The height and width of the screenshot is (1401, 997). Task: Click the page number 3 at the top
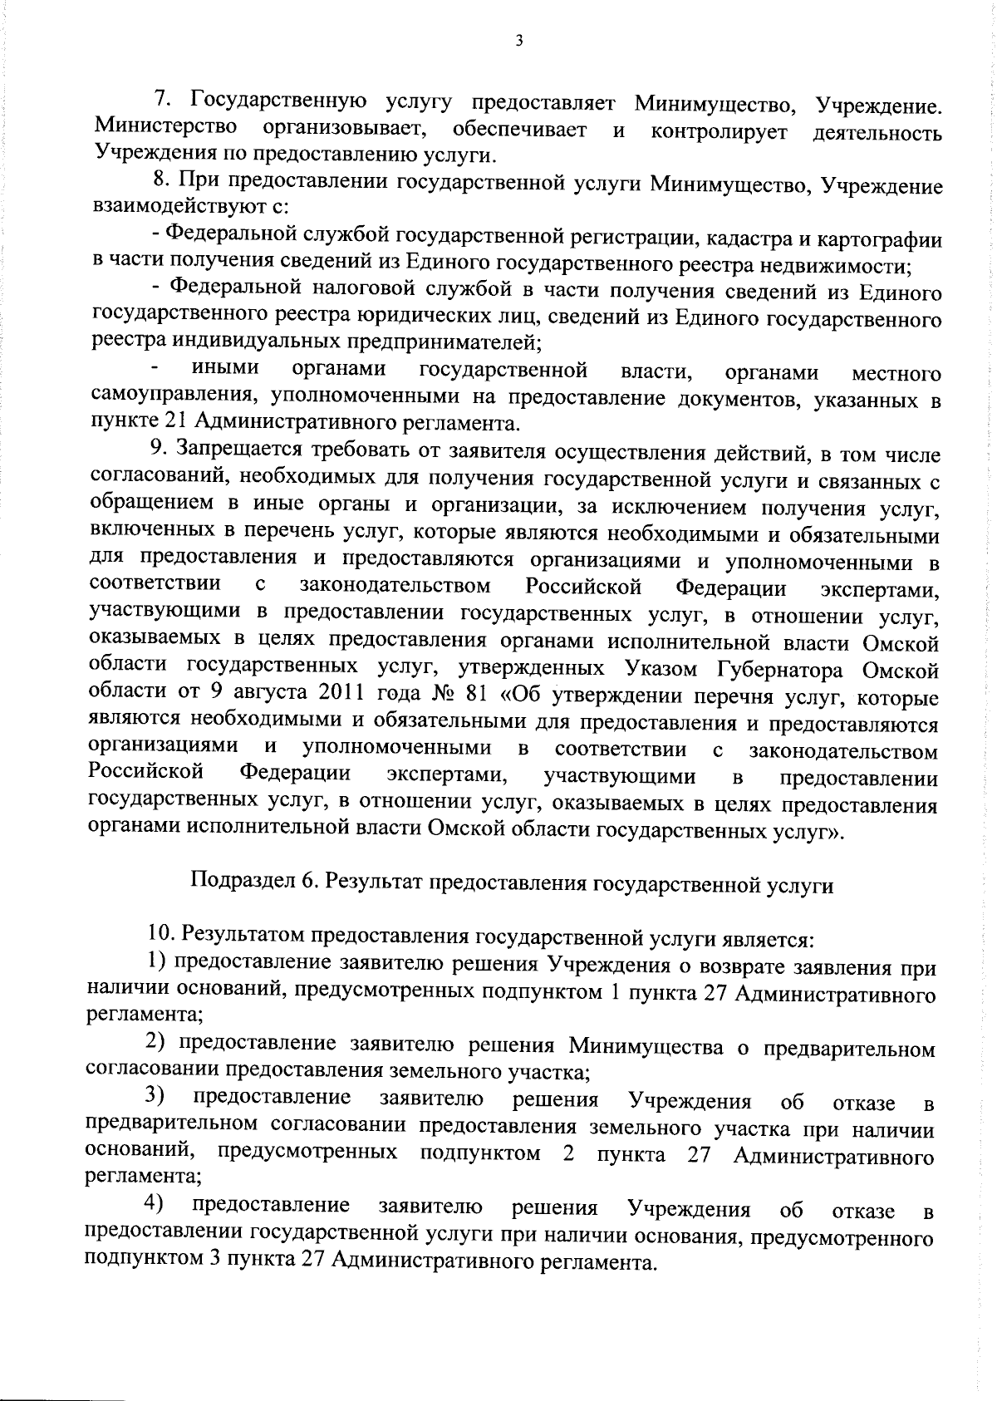click(518, 42)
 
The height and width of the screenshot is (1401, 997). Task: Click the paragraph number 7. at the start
click(163, 101)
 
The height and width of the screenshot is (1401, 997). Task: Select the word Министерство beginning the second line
click(165, 129)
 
